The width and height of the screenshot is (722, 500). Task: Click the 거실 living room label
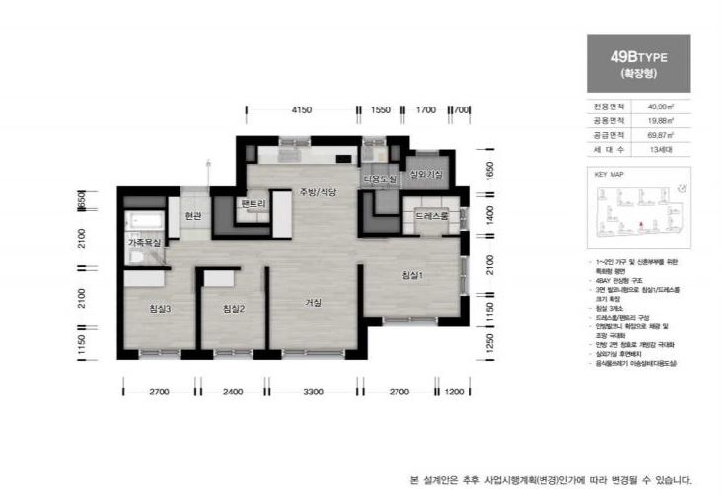tap(314, 303)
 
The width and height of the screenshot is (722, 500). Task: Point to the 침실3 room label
tap(160, 310)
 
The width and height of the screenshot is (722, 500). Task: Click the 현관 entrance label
tap(192, 216)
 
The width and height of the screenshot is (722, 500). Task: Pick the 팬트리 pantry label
tap(253, 204)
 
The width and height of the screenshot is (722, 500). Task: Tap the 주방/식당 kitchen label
tap(319, 193)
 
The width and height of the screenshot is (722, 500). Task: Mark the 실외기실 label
tap(426, 175)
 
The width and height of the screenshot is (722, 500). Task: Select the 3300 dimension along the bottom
tap(313, 393)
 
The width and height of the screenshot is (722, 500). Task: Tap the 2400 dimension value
tap(233, 393)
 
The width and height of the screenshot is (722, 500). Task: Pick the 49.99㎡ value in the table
tap(660, 105)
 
